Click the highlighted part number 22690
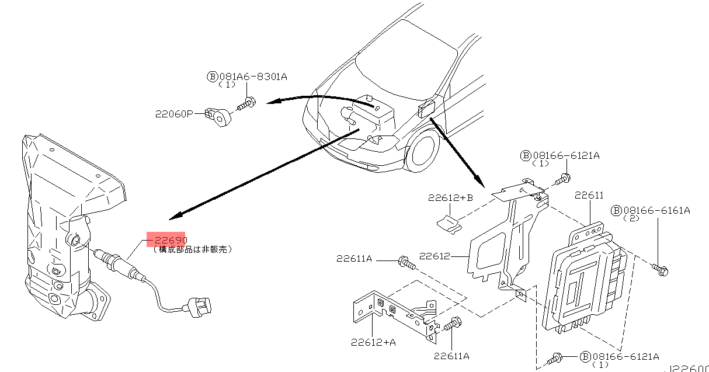pyautogui.click(x=166, y=239)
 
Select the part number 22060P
pyautogui.click(x=173, y=114)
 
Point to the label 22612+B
pyautogui.click(x=449, y=198)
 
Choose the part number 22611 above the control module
pyautogui.click(x=589, y=195)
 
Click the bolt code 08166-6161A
pyautogui.click(x=656, y=210)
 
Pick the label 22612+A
pyautogui.click(x=373, y=342)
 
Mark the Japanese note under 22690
pyautogui.click(x=193, y=249)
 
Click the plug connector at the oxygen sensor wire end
pyautogui.click(x=199, y=305)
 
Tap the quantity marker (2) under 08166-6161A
pyautogui.click(x=632, y=218)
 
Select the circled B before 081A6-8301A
pyautogui.click(x=212, y=77)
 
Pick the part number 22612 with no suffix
pyautogui.click(x=434, y=256)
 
